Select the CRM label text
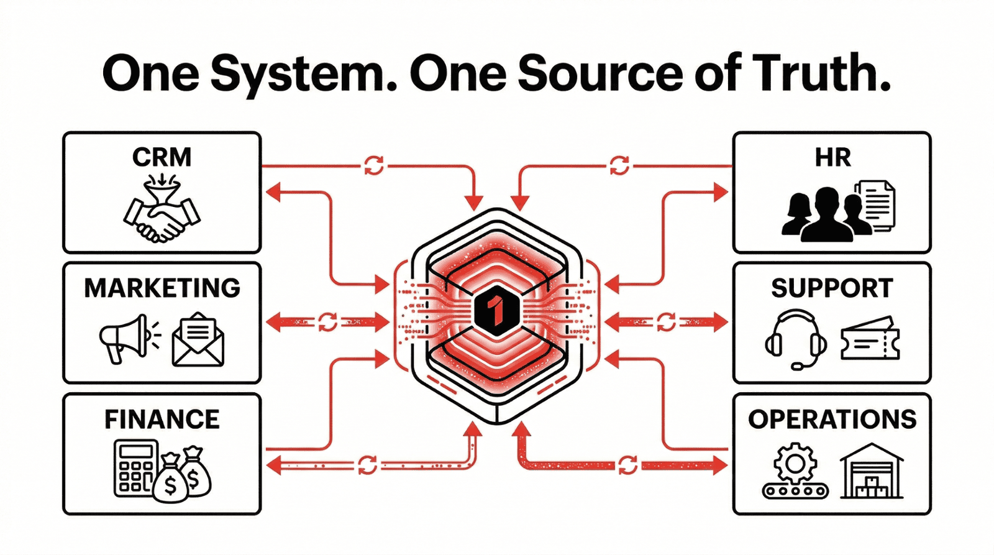[x=162, y=157]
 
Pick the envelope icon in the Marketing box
[x=198, y=339]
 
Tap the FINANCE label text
[x=162, y=420]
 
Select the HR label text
[x=832, y=158]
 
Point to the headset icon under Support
[x=795, y=339]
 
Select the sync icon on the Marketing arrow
[x=327, y=322]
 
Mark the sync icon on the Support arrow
[x=665, y=322]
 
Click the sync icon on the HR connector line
[x=619, y=165]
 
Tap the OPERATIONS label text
[x=832, y=420]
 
